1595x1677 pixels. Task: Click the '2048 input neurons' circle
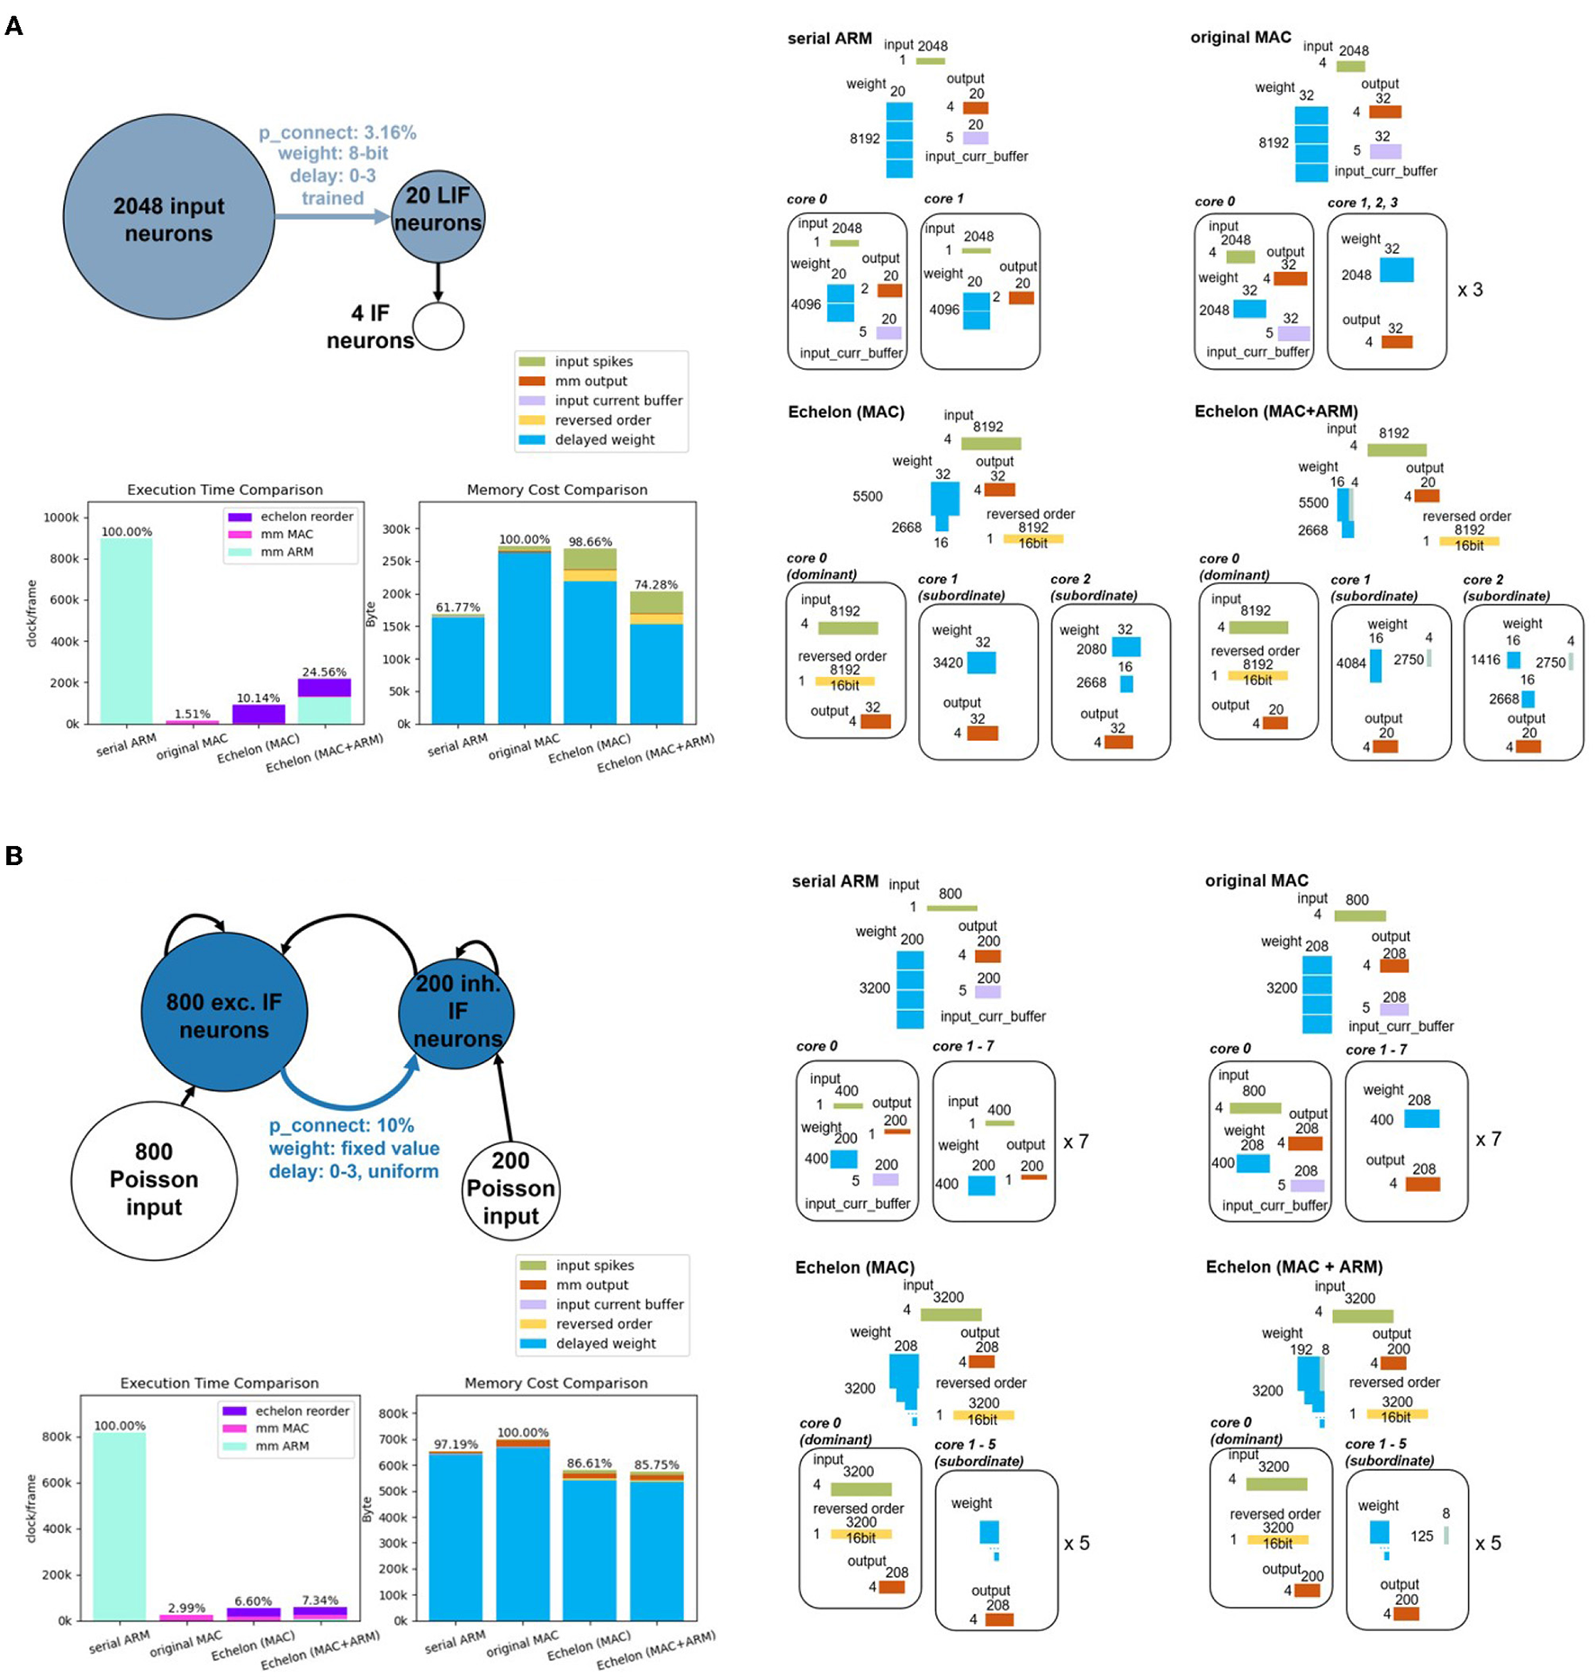[x=168, y=219]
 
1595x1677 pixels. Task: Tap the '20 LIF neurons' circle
[x=437, y=216]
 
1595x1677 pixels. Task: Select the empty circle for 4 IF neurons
[x=438, y=326]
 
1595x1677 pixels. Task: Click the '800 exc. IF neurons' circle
[x=224, y=1013]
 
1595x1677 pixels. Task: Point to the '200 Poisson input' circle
[x=510, y=1188]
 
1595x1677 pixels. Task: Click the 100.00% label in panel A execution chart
[x=126, y=531]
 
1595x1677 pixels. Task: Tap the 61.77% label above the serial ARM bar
[x=457, y=607]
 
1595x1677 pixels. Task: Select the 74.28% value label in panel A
[x=656, y=584]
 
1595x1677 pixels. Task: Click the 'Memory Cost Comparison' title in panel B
[x=555, y=1383]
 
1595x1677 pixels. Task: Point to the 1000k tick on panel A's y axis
[x=61, y=518]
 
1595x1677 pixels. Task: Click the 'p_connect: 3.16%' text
[x=338, y=133]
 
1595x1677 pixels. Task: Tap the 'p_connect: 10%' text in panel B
[x=341, y=1125]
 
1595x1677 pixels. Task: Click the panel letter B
[x=14, y=855]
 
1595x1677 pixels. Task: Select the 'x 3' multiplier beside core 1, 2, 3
[x=1470, y=290]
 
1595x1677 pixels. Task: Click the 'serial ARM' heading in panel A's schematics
[x=829, y=39]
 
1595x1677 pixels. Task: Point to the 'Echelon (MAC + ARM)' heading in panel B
[x=1293, y=1267]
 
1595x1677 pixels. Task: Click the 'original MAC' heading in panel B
[x=1257, y=880]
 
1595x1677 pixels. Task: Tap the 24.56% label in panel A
[x=324, y=672]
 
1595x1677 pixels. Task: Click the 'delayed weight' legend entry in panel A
[x=604, y=439]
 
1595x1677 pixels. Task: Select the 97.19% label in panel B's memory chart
[x=455, y=1444]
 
